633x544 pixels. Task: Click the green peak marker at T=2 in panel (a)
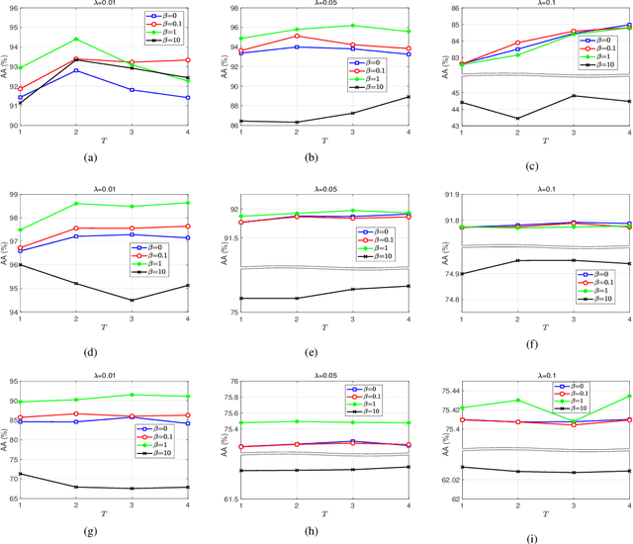pyautogui.click(x=76, y=40)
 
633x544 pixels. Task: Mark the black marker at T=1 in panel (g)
pyautogui.click(x=21, y=446)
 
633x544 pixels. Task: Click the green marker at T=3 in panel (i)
pyautogui.click(x=574, y=421)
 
